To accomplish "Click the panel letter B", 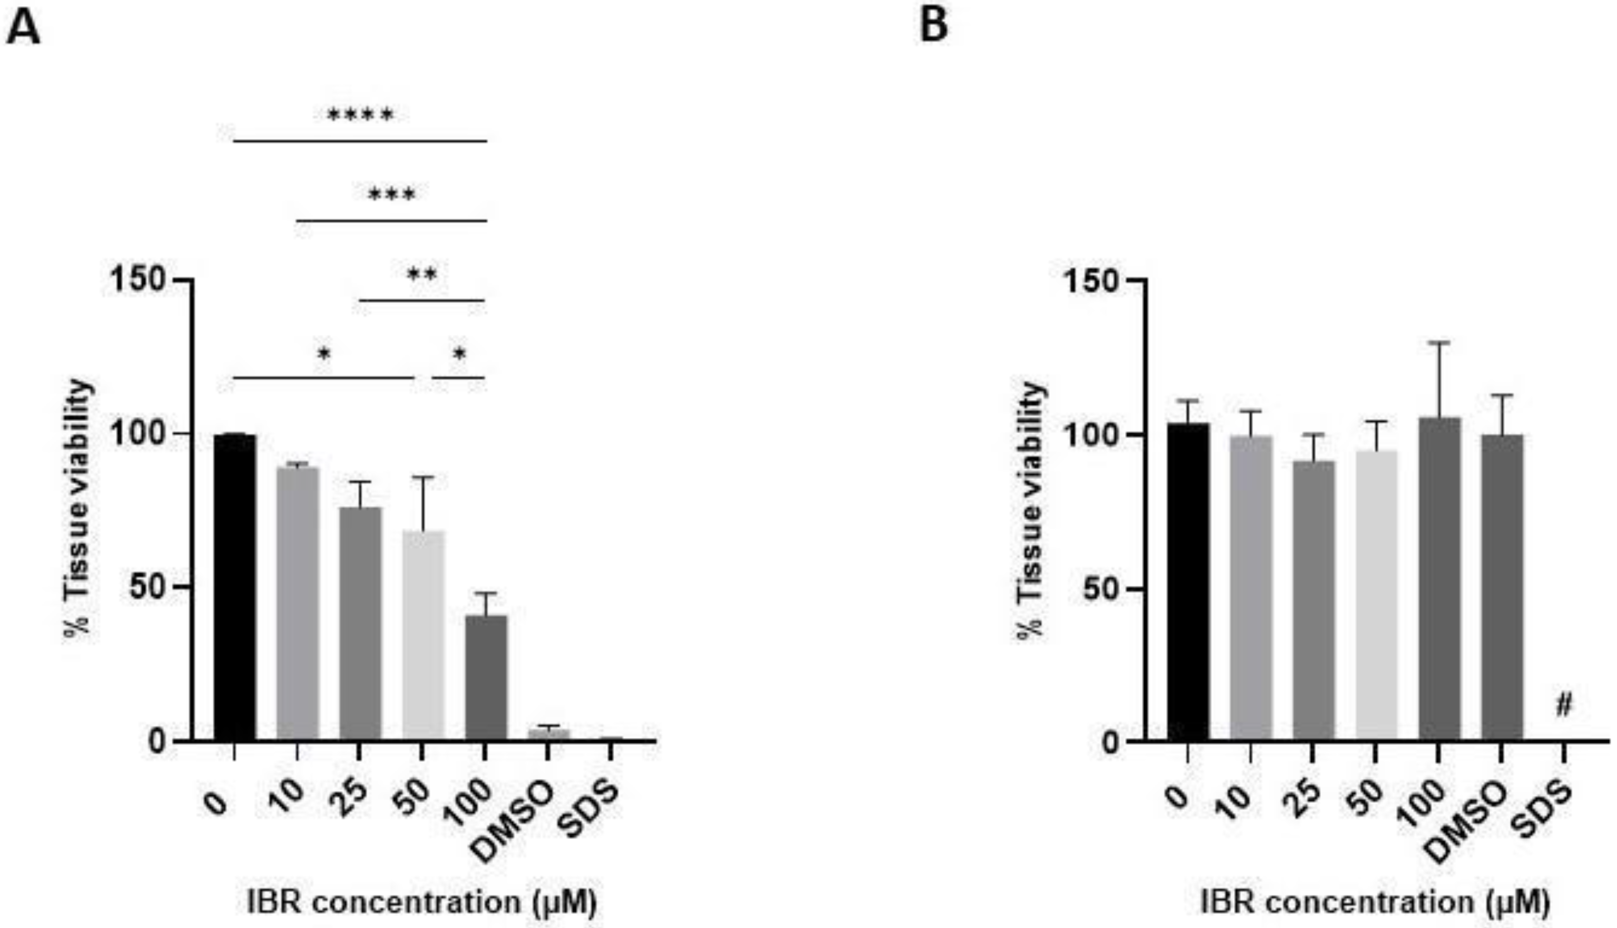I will (933, 27).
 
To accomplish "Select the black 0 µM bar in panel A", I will (234, 586).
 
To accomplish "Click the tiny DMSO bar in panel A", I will (548, 734).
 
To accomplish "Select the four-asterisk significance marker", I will (360, 116).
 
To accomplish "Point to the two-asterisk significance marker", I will (422, 275).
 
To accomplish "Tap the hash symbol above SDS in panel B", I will (1563, 705).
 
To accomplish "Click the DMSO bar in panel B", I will (1502, 586).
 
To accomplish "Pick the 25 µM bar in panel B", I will (1314, 599).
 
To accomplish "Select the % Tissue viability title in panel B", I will (1029, 510).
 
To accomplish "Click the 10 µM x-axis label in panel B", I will (1240, 801).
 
